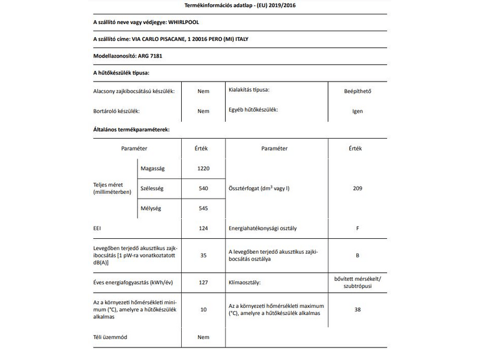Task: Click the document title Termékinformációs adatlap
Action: click(x=240, y=7)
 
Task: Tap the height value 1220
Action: click(x=203, y=168)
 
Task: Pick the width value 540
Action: click(x=203, y=188)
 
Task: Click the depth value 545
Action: click(x=203, y=208)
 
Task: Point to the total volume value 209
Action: click(x=358, y=188)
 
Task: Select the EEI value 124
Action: click(x=203, y=229)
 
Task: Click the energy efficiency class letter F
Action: click(x=358, y=229)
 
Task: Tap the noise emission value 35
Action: click(x=203, y=255)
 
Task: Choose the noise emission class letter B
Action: click(x=358, y=255)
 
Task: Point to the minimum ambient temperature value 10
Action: click(x=203, y=310)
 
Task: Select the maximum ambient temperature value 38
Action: click(x=358, y=310)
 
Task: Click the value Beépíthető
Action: click(x=358, y=91)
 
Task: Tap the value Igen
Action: click(x=358, y=111)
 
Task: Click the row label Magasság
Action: click(x=152, y=168)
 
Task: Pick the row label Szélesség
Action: click(x=152, y=188)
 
